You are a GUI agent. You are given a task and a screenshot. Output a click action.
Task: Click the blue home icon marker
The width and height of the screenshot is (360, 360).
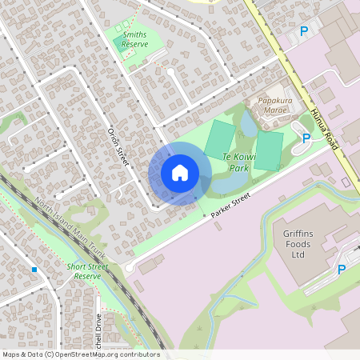[x=180, y=173]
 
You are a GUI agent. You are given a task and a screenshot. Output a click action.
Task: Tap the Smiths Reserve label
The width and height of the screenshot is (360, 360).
[x=134, y=41]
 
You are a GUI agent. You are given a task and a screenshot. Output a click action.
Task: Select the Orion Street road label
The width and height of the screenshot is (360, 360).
[x=118, y=146]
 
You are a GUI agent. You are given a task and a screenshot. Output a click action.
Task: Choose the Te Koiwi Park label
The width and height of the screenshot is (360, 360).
[x=239, y=163]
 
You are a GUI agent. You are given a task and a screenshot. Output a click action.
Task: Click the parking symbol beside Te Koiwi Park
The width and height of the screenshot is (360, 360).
[x=306, y=138]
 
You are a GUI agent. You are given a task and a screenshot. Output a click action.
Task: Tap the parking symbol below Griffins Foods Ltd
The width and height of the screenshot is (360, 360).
[x=342, y=270]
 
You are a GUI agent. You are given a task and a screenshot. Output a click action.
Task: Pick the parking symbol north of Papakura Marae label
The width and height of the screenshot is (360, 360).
[x=303, y=31]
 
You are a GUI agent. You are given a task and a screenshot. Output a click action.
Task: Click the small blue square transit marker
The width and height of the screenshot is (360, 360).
[x=34, y=270]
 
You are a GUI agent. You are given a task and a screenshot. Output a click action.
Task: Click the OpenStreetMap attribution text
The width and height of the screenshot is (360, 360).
[x=80, y=354]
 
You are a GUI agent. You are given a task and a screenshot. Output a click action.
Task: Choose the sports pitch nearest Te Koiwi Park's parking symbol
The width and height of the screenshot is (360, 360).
[x=270, y=150]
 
